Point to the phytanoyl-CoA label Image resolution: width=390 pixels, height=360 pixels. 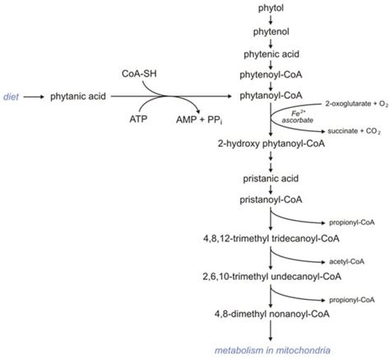pos(271,96)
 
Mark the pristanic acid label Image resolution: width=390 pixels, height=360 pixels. pos(271,176)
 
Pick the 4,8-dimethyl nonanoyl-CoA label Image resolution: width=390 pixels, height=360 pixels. pos(271,315)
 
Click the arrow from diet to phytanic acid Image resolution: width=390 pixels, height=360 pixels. pos(35,96)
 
